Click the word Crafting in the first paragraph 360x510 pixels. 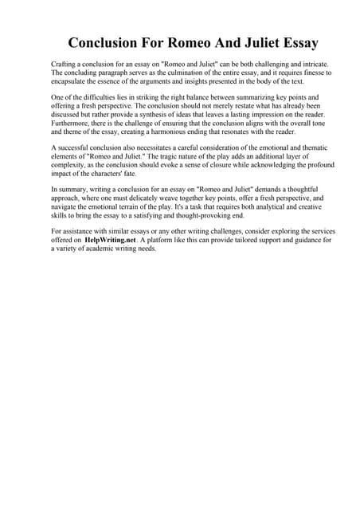click(63, 62)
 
